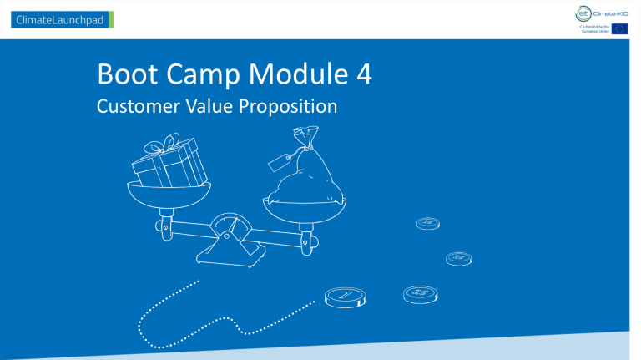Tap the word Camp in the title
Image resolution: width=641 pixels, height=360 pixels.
point(198,80)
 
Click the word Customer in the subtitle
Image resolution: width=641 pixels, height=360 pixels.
point(139,109)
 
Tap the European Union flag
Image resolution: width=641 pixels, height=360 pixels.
point(620,29)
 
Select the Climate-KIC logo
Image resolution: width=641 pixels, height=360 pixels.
point(603,12)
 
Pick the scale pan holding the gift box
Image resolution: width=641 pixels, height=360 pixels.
point(163,197)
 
